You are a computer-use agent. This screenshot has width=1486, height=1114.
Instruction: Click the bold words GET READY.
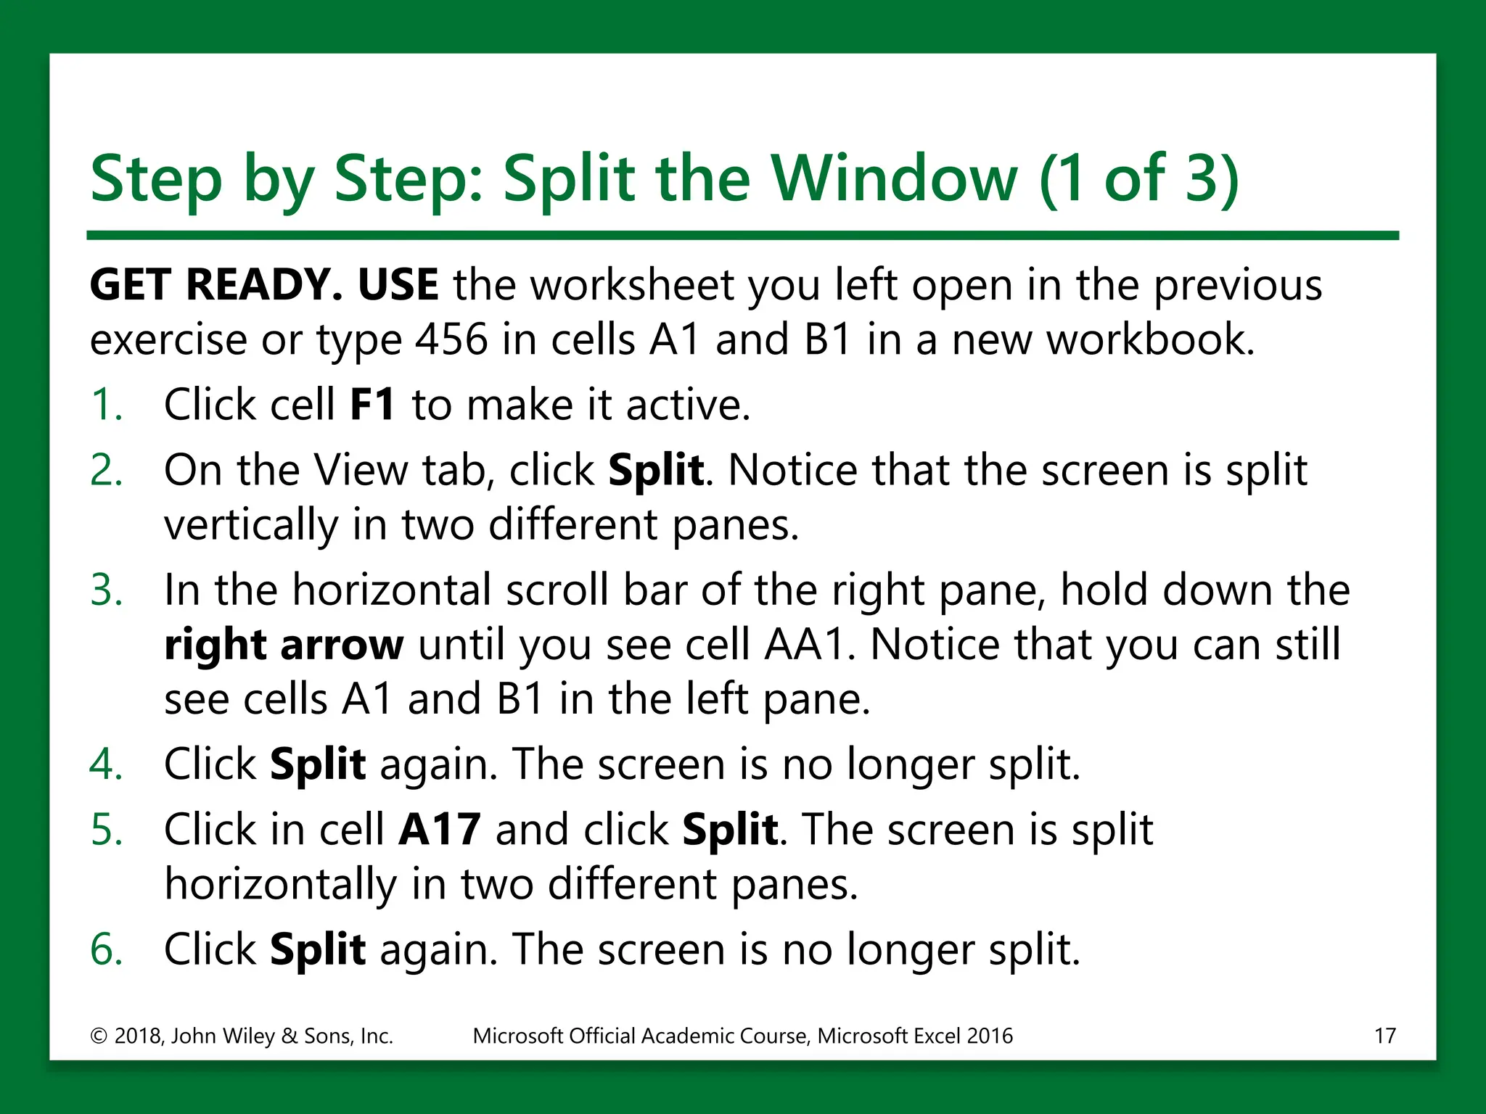click(215, 284)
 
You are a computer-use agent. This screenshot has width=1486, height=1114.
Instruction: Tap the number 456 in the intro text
click(451, 339)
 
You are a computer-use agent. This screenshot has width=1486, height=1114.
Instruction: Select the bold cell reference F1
click(372, 405)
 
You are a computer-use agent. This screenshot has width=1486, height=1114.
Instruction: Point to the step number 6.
click(106, 949)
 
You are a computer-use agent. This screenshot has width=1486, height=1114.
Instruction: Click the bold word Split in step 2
click(655, 470)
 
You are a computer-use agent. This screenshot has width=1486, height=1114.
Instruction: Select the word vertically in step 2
click(250, 525)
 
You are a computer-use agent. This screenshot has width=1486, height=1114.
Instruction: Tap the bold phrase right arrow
click(283, 645)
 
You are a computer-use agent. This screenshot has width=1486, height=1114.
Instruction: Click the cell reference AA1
click(805, 645)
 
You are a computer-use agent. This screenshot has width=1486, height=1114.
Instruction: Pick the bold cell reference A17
click(439, 830)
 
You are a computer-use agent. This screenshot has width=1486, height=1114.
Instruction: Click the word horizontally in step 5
click(280, 885)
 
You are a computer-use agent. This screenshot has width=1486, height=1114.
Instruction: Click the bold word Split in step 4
click(317, 764)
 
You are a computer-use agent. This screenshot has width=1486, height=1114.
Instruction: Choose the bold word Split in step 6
click(317, 949)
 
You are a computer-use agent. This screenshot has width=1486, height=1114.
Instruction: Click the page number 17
click(1384, 1036)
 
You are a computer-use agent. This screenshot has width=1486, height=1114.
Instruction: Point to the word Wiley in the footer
click(247, 1036)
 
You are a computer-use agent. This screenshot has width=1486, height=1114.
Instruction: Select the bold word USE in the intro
click(398, 284)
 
